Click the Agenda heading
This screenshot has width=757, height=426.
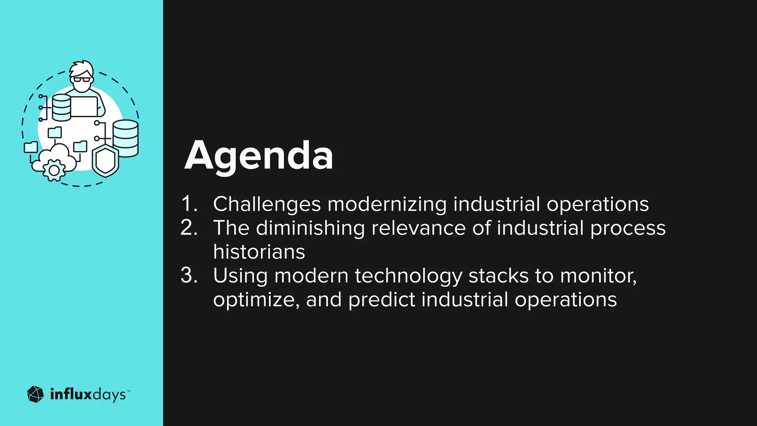tap(259, 155)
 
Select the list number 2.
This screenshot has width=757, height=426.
tap(189, 228)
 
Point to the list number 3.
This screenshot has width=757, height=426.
tap(189, 275)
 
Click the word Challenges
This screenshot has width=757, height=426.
tap(267, 204)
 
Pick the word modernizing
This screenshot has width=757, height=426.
tap(387, 204)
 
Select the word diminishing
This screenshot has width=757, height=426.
tap(310, 228)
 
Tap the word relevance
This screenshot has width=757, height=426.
tap(418, 228)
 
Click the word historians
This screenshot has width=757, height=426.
tap(259, 252)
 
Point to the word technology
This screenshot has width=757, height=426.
tap(408, 276)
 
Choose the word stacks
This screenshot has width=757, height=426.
tap(499, 276)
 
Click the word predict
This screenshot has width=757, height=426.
tap(381, 300)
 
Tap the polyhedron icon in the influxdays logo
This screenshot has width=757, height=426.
tap(35, 394)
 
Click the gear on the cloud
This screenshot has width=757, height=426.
tap(54, 170)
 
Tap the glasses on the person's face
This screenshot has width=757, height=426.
tap(82, 80)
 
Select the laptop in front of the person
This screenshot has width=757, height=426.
tap(84, 106)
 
